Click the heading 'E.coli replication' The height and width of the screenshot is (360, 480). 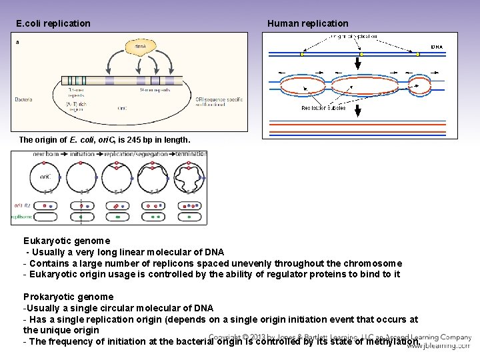(x=53, y=23)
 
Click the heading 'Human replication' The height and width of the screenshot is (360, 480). (x=307, y=23)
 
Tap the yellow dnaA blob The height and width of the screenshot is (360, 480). (x=140, y=47)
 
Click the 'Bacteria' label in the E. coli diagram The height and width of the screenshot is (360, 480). (x=23, y=100)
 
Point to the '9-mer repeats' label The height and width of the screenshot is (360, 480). (x=153, y=89)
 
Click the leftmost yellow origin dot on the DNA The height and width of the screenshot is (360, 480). (x=301, y=55)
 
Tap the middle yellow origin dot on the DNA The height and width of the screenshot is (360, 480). (x=361, y=55)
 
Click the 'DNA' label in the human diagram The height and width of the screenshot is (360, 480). (x=437, y=47)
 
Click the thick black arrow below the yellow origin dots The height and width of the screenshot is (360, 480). (x=357, y=64)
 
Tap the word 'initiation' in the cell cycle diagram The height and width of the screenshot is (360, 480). (x=81, y=154)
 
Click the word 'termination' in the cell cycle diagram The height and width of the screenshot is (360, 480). (x=191, y=154)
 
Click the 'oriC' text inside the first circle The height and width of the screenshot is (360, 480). (x=44, y=178)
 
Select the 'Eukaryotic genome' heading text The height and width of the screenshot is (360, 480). (x=67, y=240)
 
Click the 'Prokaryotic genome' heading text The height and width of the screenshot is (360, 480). (x=68, y=297)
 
